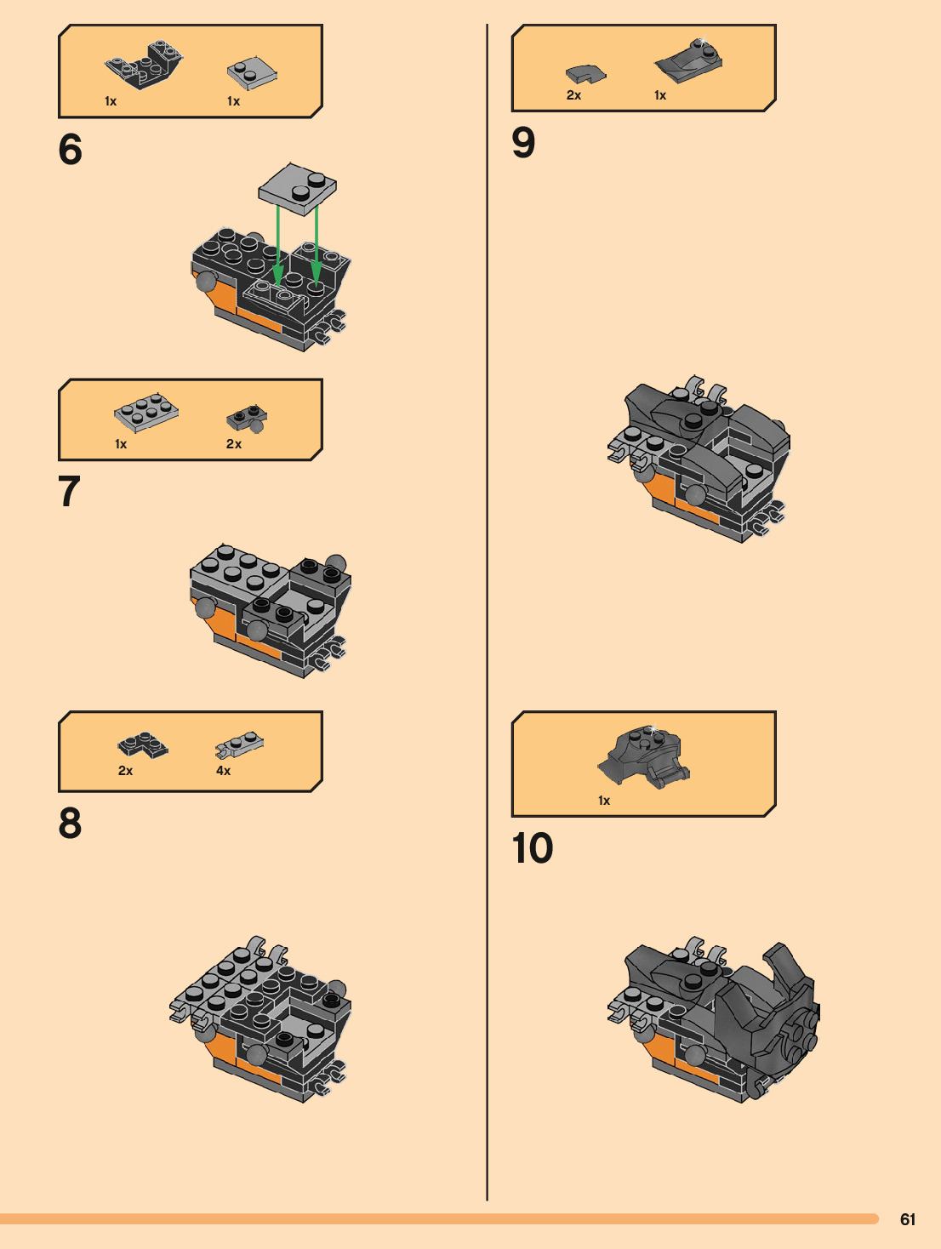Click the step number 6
coord(70,149)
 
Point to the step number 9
coord(523,142)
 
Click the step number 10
coord(533,848)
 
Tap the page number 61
coord(908,1219)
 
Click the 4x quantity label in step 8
coord(223,771)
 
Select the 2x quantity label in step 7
coord(234,444)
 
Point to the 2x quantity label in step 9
coord(573,95)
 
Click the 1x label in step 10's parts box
coord(603,801)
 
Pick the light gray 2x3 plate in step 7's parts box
coord(146,412)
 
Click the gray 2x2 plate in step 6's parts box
coord(252,73)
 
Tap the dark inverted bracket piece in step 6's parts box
coord(144,65)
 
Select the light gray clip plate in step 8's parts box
coord(240,744)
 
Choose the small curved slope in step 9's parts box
coord(585,74)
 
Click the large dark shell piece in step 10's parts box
coord(643,756)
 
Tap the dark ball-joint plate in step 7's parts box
coord(248,419)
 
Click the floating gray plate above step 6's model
coord(297,189)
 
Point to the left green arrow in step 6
coord(277,245)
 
